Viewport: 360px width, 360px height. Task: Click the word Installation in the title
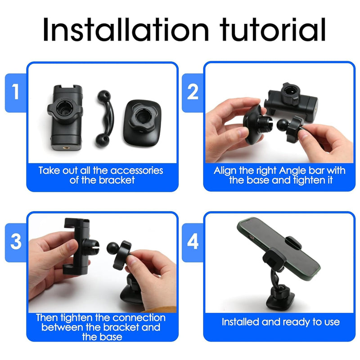[x=126, y=29]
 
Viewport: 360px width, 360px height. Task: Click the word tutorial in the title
[x=273, y=29]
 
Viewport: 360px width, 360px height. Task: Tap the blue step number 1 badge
[x=16, y=93]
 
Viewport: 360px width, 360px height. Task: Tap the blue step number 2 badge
[x=193, y=93]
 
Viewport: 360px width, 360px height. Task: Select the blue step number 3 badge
[x=16, y=243]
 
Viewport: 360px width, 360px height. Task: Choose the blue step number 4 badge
[x=193, y=243]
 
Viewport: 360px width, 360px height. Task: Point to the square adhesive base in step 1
[x=142, y=124]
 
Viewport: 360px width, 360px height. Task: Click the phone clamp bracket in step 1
[x=66, y=117]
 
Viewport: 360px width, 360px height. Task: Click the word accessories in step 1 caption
[x=137, y=171]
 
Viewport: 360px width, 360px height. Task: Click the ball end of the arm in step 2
[x=282, y=124]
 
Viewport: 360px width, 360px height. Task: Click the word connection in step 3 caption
[x=139, y=318]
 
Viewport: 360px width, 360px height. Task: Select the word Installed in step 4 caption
[x=240, y=322]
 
